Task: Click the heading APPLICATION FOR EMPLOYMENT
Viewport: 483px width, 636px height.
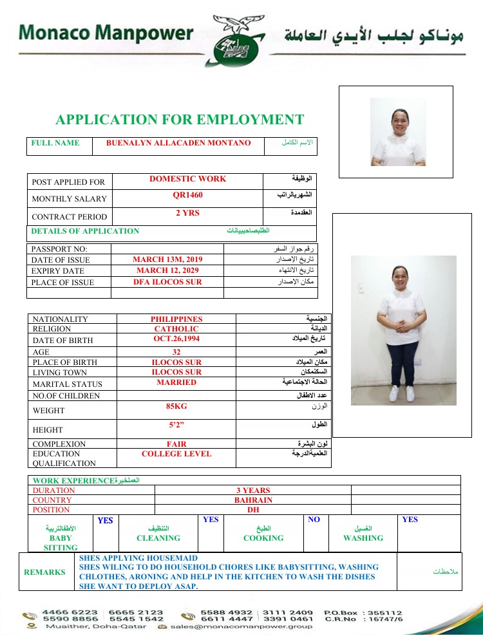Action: pyautogui.click(x=180, y=120)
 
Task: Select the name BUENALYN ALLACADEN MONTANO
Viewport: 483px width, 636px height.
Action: pyautogui.click(x=178, y=143)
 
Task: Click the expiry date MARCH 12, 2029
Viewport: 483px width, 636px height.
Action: pyautogui.click(x=167, y=270)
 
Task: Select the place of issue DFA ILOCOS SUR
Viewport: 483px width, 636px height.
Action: pyautogui.click(x=167, y=282)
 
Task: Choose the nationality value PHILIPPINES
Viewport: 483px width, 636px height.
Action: pyautogui.click(x=176, y=319)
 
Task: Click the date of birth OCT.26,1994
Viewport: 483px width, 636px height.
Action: pyautogui.click(x=176, y=339)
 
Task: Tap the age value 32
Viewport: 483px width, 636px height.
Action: pyautogui.click(x=176, y=352)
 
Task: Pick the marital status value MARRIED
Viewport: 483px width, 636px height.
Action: pyautogui.click(x=176, y=382)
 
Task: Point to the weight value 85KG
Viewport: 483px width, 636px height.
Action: pyautogui.click(x=176, y=406)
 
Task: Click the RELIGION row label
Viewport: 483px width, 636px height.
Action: pyautogui.click(x=52, y=330)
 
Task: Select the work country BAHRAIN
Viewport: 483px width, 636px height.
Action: pyautogui.click(x=253, y=500)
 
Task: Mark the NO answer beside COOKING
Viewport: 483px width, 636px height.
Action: pyautogui.click(x=314, y=519)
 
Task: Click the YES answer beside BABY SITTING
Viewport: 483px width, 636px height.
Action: pyautogui.click(x=105, y=521)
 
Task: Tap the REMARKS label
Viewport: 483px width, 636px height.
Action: pyautogui.click(x=44, y=572)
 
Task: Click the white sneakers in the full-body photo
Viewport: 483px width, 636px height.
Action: pyautogui.click(x=402, y=393)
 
